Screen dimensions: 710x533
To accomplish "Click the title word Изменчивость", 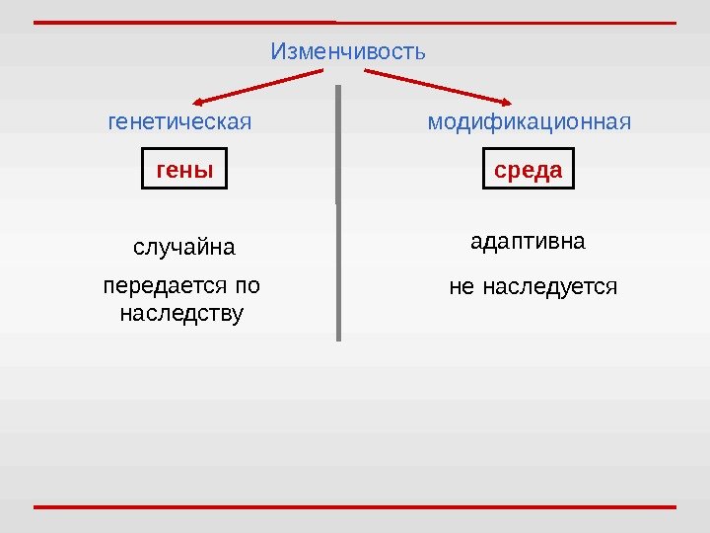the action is coord(348,50).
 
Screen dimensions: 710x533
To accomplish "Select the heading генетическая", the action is coord(178,123).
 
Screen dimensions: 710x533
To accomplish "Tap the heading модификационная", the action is coord(529,123).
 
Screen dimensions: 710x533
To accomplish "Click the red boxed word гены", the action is coord(184,170).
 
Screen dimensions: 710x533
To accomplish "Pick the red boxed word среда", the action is coord(528,170).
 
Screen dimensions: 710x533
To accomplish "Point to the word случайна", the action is coord(184,246).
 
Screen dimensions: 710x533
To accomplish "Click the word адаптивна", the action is coord(528,241).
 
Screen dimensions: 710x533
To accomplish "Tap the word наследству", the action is coord(180,314).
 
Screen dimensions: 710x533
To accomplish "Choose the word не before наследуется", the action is coord(461,287).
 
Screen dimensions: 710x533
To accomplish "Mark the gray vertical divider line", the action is coord(338,212).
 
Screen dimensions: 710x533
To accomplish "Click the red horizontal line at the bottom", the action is coord(355,507).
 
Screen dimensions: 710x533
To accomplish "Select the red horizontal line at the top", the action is coord(355,22).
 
